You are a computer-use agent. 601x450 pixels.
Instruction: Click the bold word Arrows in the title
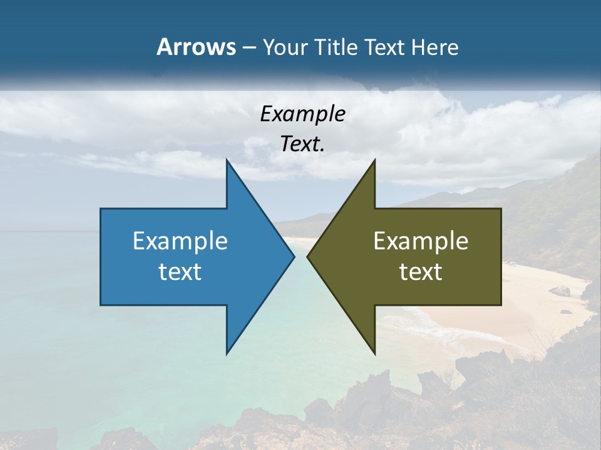click(x=196, y=47)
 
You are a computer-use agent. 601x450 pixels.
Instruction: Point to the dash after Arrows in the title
click(x=249, y=47)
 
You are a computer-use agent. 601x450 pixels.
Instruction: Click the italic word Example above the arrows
click(x=302, y=114)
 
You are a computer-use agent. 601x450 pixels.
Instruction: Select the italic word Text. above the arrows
click(x=302, y=144)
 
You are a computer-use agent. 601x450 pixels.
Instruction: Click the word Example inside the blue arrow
click(x=180, y=241)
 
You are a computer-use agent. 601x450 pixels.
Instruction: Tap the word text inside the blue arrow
click(x=180, y=271)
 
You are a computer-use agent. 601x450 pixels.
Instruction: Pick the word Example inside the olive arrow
click(x=421, y=241)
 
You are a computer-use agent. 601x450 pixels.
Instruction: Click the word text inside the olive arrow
click(x=421, y=271)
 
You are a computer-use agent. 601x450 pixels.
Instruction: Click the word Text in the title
click(x=385, y=47)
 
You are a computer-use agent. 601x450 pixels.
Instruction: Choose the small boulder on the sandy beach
click(x=560, y=291)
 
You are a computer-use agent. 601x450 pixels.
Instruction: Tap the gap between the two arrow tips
click(x=301, y=256)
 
